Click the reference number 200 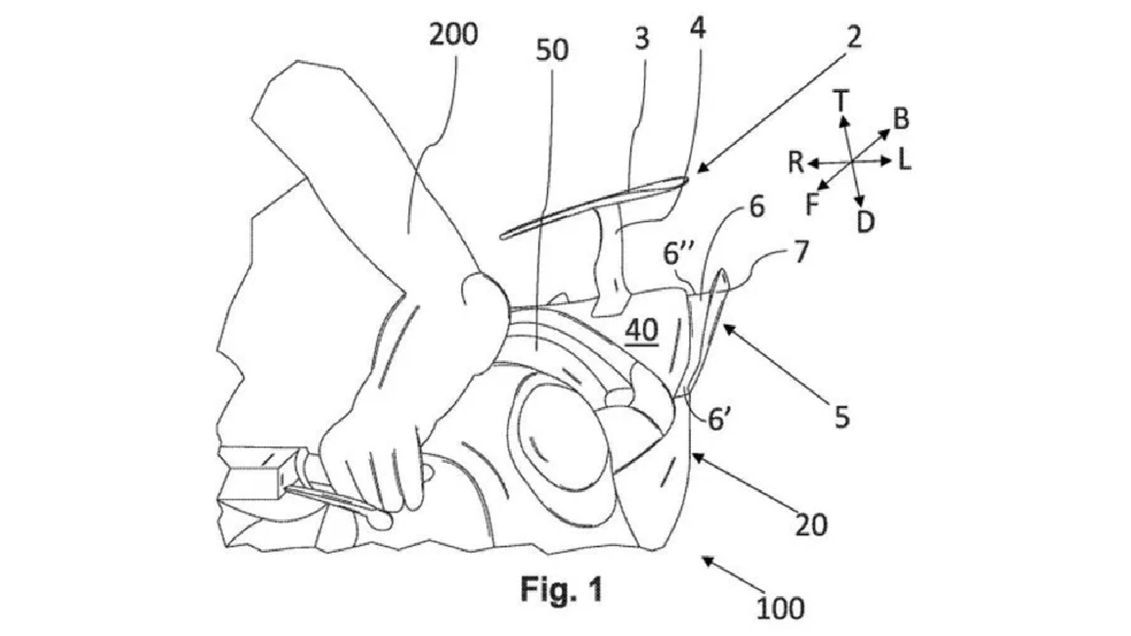(x=452, y=35)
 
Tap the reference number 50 (x=551, y=50)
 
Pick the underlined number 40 (x=641, y=330)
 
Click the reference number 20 (x=810, y=525)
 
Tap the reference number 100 (x=780, y=607)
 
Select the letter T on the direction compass (x=842, y=102)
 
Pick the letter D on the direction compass (x=866, y=222)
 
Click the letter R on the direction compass (x=796, y=162)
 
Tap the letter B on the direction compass (x=901, y=117)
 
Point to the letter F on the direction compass (x=813, y=204)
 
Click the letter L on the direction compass (x=905, y=160)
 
